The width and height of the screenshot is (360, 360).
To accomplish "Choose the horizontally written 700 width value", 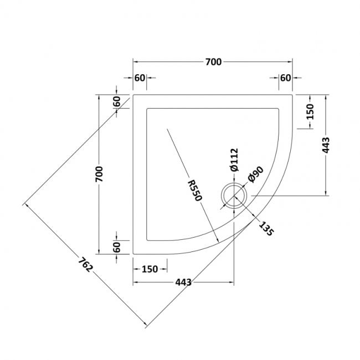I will pos(213,62).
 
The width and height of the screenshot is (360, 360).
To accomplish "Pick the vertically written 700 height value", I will pos(100,174).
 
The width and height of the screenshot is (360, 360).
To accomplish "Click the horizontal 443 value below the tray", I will pos(183,282).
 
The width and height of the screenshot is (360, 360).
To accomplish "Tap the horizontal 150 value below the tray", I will pos(150,269).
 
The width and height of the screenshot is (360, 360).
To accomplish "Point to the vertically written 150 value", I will pos(310,112).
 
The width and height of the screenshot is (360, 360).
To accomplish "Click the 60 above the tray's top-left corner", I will pos(140,78).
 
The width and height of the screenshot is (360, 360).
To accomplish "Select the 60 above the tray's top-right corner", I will pos(285,78).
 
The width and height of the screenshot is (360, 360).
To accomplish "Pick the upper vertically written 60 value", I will pos(117,102).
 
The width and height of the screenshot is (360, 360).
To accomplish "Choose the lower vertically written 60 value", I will pos(117,248).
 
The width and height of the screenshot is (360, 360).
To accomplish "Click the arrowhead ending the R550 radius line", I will pos(219,240).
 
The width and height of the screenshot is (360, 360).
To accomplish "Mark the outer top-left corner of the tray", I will pos(133,95).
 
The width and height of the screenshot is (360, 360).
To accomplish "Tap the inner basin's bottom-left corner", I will pos(147,240).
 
